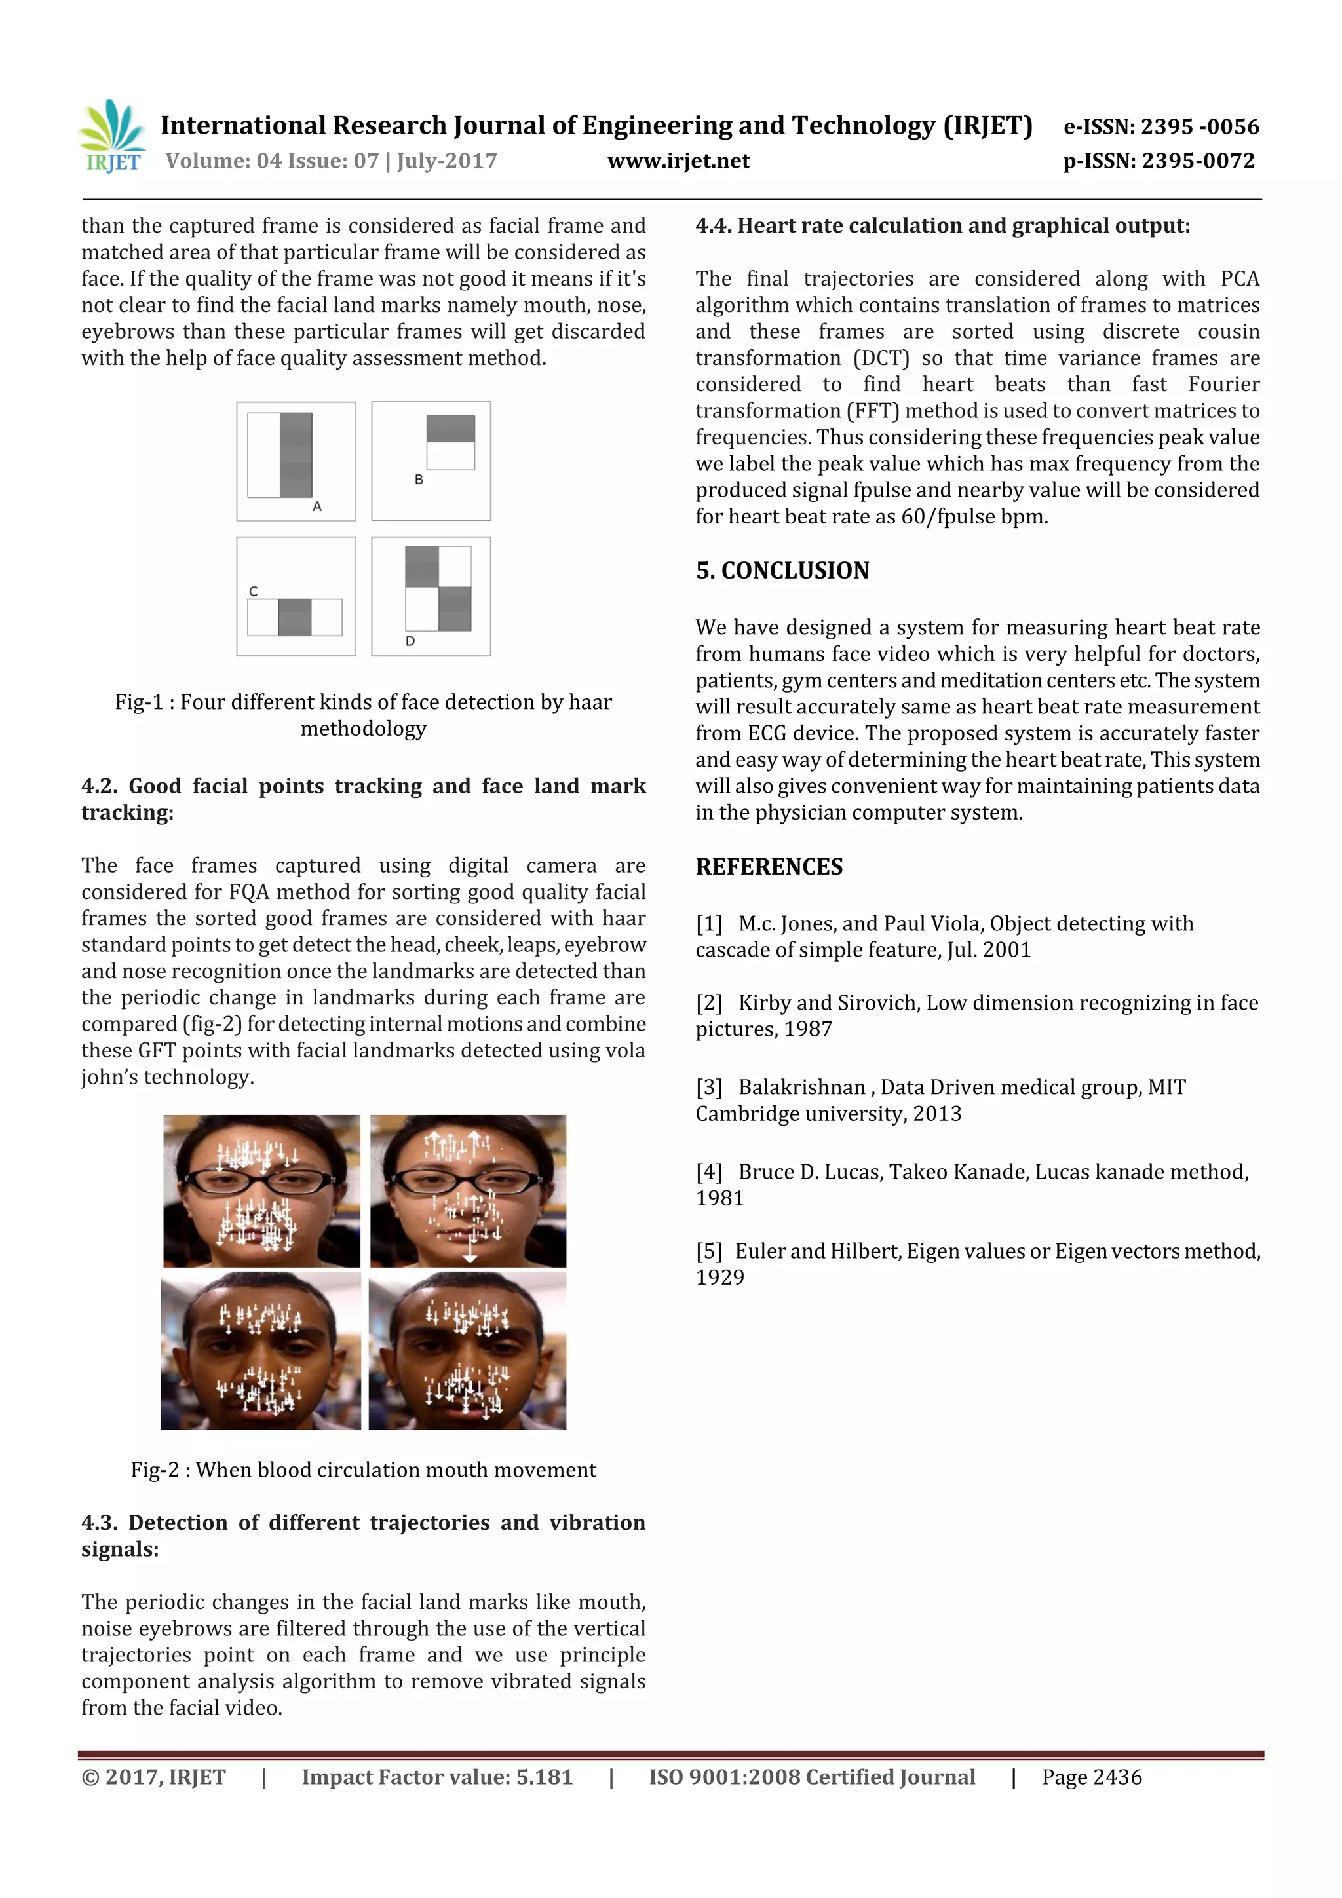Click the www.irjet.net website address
coord(678,161)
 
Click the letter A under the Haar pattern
coord(316,506)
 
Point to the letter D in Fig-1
coord(410,641)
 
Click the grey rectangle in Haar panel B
coord(451,428)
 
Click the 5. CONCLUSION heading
coord(782,571)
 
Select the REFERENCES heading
coord(769,866)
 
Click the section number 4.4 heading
coord(713,225)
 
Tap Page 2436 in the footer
coord(1092,1777)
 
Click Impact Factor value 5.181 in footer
coord(436,1777)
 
